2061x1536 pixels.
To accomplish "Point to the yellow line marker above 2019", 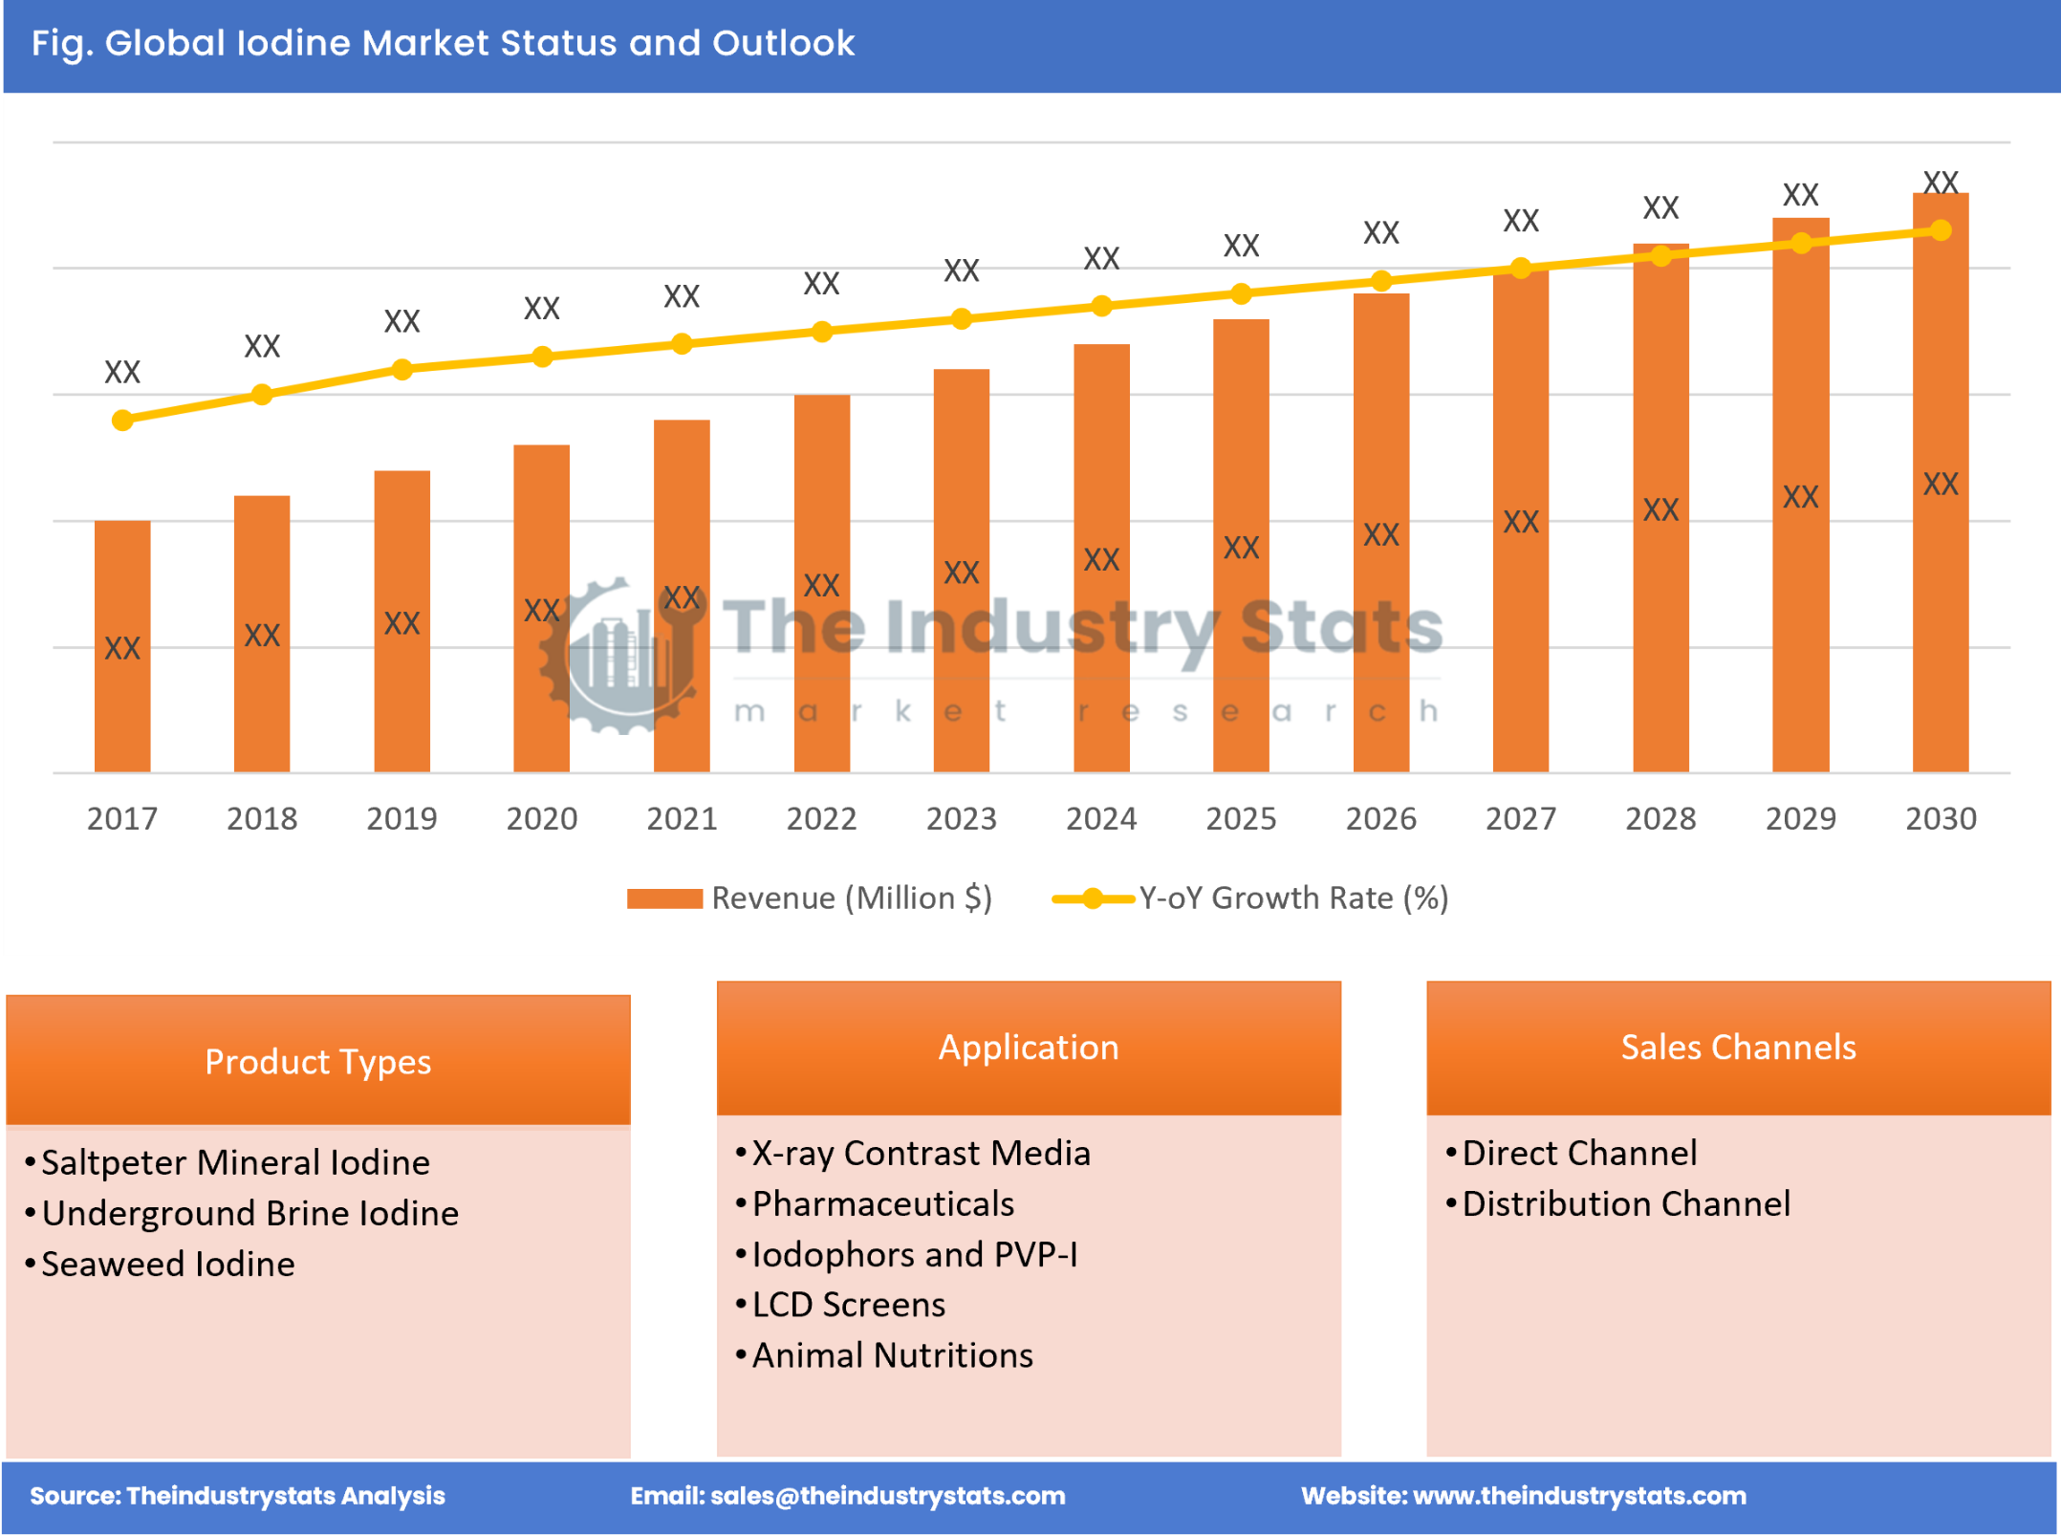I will click(x=402, y=369).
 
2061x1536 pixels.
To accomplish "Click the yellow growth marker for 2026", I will click(x=1381, y=280).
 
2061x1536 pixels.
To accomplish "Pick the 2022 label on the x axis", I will click(x=821, y=818).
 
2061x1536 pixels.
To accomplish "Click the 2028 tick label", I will click(x=1660, y=818).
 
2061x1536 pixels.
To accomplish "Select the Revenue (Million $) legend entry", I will click(x=809, y=898).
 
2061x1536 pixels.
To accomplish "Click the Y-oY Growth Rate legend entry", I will click(x=1251, y=898).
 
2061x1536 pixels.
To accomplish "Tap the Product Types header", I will click(x=317, y=1061).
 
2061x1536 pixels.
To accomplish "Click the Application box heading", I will click(x=1029, y=1047).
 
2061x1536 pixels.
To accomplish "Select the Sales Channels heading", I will click(x=1738, y=1047).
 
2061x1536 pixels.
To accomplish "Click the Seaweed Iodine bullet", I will click(x=168, y=1264).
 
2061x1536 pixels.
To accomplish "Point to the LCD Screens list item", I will click(x=848, y=1304).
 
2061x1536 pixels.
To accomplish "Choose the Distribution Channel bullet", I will click(x=1626, y=1203).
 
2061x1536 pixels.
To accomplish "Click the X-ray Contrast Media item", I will click(x=921, y=1153).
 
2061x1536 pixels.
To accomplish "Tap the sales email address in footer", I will click(x=888, y=1496).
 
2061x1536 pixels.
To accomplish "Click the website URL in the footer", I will click(x=1579, y=1496).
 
